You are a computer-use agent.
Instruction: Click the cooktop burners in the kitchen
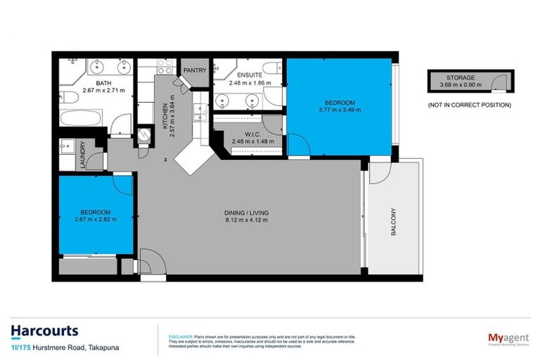165,69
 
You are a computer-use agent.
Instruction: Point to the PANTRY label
193,71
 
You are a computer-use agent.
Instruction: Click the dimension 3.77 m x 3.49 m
340,110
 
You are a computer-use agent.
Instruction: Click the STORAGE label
462,77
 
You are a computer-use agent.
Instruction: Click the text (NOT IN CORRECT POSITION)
469,105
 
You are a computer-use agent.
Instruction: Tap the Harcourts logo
45,330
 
